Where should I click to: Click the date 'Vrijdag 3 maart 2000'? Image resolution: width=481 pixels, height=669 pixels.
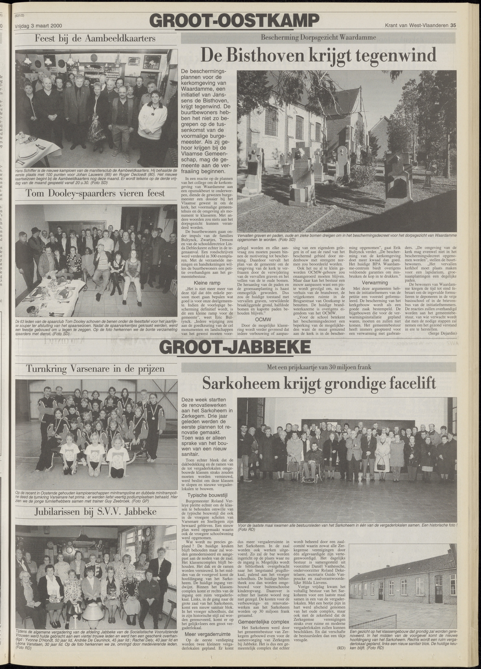click(x=38, y=26)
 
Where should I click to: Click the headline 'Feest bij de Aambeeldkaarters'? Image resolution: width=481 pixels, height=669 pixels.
click(x=96, y=39)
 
